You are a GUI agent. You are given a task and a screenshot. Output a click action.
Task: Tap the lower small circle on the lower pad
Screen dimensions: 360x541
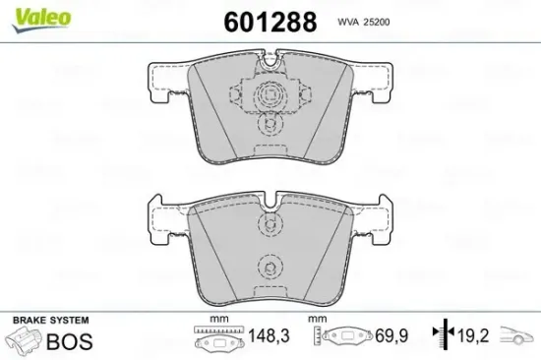[269, 267]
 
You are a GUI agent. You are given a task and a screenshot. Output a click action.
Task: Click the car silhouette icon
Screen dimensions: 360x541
[517, 339]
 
